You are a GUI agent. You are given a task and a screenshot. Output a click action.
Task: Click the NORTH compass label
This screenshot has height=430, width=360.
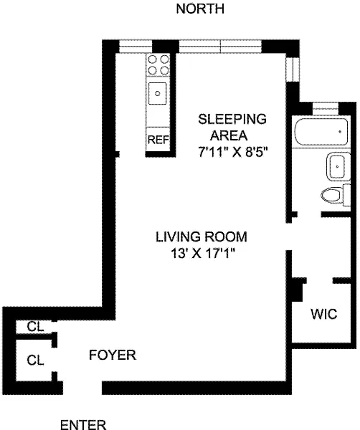200,9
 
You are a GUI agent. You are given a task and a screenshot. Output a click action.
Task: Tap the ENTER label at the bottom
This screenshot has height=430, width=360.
83,424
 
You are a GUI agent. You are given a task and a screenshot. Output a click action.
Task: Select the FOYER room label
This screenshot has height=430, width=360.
113,355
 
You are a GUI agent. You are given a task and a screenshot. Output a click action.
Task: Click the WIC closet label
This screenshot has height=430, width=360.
323,314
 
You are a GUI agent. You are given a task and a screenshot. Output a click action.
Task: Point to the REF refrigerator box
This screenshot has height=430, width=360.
158,139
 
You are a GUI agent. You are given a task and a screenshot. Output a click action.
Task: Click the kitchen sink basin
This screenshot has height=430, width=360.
158,93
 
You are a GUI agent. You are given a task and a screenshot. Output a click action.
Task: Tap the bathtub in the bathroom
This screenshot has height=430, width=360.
321,132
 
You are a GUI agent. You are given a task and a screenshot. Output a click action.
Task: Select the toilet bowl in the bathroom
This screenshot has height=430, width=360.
331,196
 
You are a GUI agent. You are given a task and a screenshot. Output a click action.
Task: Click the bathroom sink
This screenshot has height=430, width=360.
338,166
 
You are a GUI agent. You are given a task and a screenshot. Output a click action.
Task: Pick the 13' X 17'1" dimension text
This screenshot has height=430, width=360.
203,253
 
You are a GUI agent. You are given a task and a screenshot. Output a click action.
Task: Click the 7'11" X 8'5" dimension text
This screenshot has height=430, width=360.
232,152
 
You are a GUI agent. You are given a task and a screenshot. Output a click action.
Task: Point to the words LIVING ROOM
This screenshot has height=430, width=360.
202,237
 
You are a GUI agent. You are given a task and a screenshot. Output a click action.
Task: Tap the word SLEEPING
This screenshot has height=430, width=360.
232,119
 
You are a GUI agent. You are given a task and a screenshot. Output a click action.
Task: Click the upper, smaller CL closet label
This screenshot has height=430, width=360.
35,327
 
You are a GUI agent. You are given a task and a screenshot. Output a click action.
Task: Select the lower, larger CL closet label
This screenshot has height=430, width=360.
35,360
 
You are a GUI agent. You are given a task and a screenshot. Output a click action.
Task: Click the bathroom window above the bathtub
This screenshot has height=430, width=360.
325,109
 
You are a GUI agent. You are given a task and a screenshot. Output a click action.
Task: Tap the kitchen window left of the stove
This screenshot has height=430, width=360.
136,46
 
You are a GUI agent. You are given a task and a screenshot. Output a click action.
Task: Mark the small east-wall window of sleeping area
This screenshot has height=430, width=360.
292,70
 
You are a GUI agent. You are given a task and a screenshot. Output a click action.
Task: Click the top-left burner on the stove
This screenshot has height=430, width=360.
153,59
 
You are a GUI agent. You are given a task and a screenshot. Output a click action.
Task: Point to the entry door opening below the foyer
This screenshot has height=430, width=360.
82,388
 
